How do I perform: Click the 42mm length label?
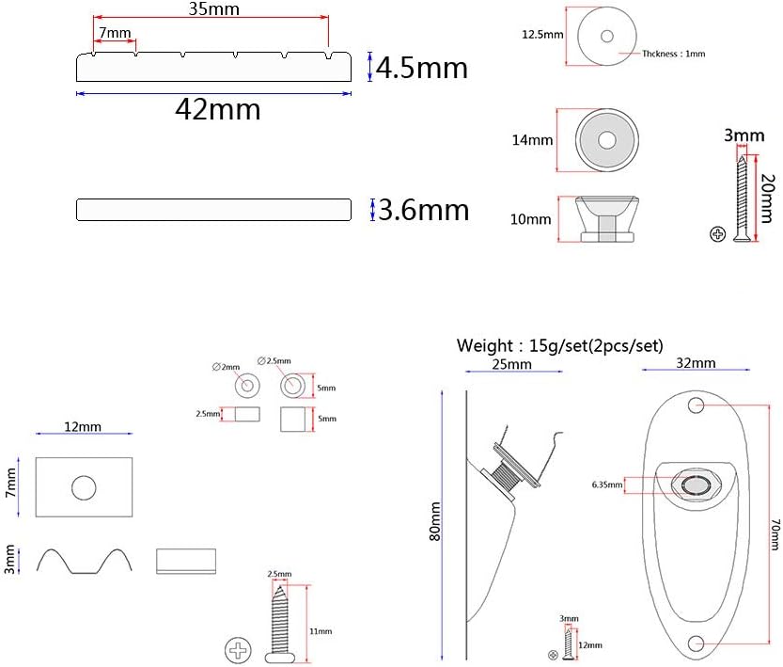point(218,109)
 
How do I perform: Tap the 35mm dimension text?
point(213,9)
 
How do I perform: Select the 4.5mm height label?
point(422,68)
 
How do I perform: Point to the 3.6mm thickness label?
point(423,210)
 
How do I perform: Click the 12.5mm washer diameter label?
point(542,35)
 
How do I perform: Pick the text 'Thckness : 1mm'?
point(674,54)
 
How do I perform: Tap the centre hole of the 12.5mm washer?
point(607,36)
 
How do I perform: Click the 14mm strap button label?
point(532,140)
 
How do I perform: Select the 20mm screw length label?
point(768,198)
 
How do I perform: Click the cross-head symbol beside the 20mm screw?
point(717,234)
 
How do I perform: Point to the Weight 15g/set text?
point(560,346)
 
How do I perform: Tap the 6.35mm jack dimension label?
point(607,484)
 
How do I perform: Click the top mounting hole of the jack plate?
point(697,405)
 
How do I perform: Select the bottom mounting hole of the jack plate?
point(697,643)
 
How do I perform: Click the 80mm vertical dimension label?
point(435,521)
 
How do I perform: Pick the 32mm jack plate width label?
point(697,363)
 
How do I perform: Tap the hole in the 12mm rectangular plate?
point(84,487)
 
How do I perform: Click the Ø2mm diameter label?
point(226,367)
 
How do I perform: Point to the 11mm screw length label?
point(321,631)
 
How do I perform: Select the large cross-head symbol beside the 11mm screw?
point(238,650)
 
